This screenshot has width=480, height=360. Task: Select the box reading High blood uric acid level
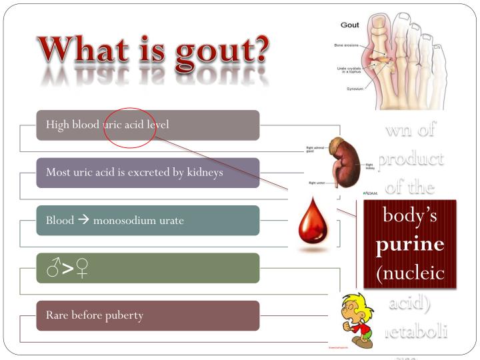point(147,125)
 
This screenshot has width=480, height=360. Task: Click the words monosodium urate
point(138,221)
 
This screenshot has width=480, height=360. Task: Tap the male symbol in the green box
point(54,269)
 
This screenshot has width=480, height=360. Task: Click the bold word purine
point(409,245)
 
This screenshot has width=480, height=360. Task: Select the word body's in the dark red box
point(410,216)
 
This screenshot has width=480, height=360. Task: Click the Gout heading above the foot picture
point(350,25)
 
